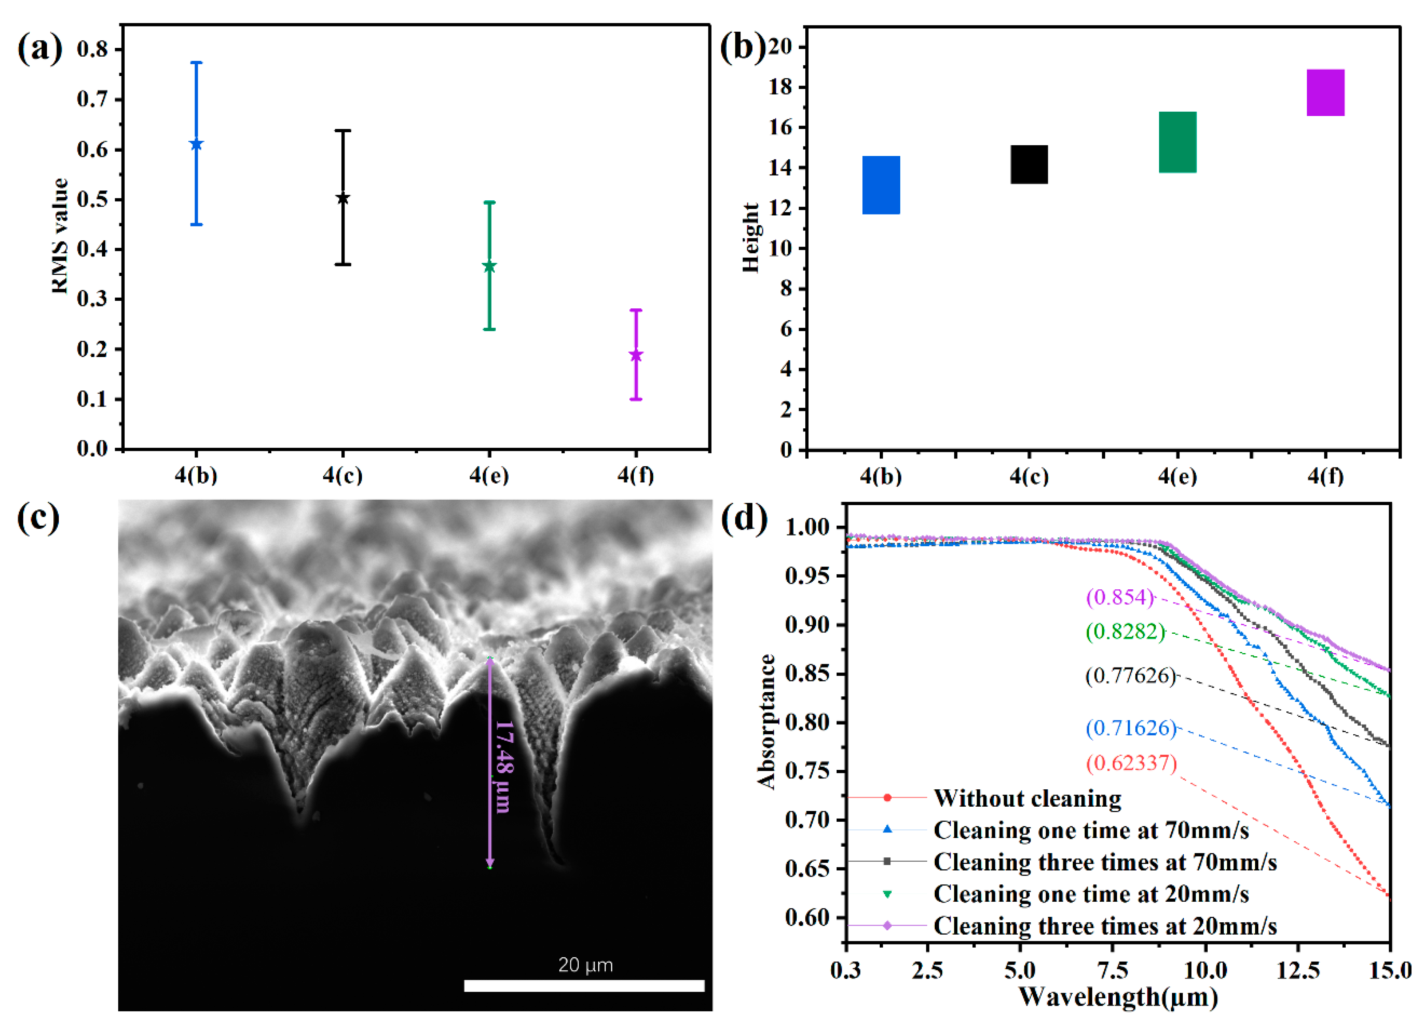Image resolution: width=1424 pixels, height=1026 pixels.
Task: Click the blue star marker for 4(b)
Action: point(197,144)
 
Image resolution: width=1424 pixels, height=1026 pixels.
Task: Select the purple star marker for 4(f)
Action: point(636,355)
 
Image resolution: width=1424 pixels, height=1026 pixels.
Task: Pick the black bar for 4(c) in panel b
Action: point(1029,165)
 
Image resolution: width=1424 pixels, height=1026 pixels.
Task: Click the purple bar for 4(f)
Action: point(1326,92)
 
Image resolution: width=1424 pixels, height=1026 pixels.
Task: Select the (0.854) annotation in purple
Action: point(1120,597)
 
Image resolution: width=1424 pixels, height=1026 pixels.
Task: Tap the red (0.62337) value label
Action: point(1131,764)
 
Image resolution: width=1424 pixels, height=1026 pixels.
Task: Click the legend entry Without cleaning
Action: point(1027,798)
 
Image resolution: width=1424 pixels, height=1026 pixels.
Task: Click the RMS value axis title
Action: point(60,236)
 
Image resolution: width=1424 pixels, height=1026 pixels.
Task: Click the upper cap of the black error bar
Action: point(343,131)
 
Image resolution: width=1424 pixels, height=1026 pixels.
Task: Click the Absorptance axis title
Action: point(767,721)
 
